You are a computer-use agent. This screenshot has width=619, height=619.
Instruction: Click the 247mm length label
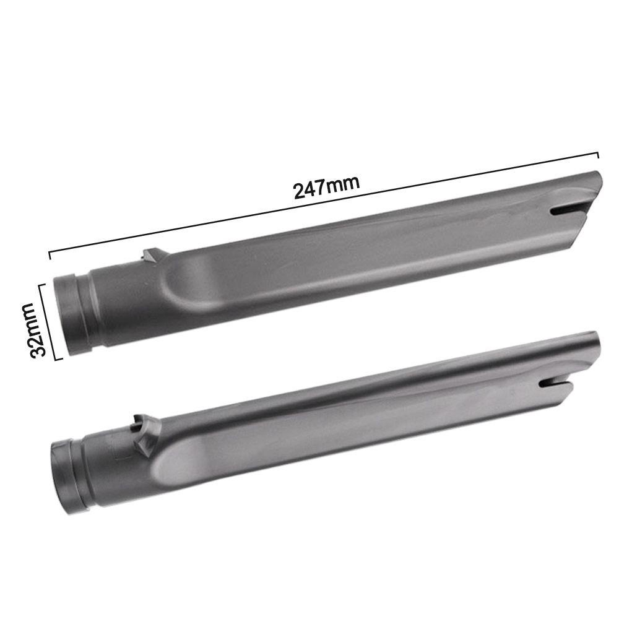[326, 187]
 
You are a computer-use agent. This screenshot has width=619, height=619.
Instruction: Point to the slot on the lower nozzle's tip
[555, 383]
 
